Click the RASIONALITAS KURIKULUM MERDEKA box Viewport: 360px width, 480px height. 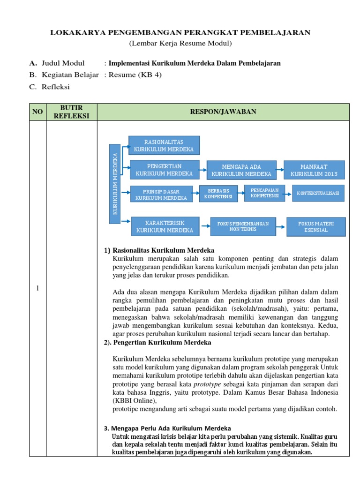(164, 145)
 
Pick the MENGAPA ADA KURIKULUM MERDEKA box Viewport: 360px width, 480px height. (241, 170)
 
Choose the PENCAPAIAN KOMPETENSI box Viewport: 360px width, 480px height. (264, 193)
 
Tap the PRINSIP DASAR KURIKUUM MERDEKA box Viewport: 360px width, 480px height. (161, 194)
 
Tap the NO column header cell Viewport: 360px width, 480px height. (37, 112)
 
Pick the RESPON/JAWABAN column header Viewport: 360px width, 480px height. (223, 112)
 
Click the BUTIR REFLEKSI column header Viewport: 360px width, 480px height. (71, 112)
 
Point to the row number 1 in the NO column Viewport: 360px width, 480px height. (37, 288)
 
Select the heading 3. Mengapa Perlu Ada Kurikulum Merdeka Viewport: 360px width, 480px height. (167, 428)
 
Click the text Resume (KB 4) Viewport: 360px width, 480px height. (135, 75)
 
